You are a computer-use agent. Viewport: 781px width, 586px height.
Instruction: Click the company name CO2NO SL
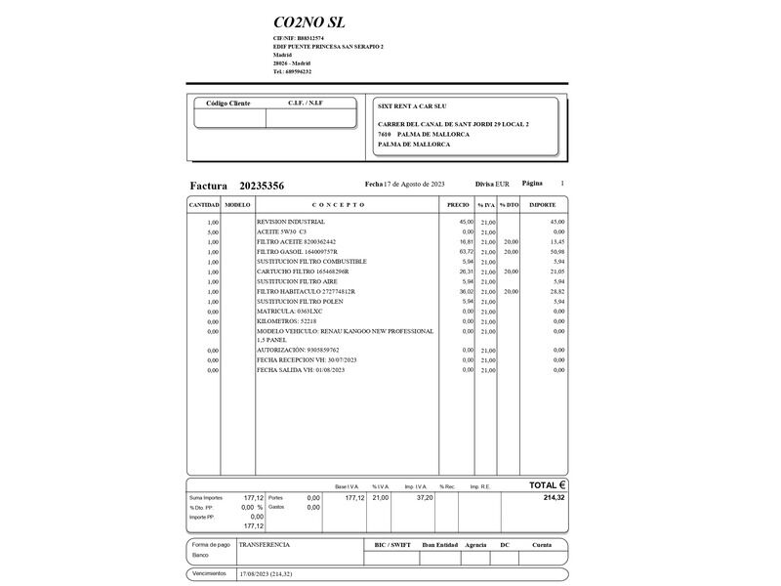308,22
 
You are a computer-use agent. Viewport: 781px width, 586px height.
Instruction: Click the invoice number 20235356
262,186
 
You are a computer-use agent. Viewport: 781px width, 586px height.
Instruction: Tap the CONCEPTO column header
339,205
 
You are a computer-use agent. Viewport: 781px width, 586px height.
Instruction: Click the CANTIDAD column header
203,205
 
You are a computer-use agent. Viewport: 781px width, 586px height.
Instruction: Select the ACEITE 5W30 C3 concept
281,231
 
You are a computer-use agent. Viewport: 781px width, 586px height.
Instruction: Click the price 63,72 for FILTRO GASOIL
466,252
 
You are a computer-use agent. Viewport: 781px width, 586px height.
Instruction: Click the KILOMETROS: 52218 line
286,321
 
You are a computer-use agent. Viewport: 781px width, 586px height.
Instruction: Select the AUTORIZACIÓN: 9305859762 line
298,350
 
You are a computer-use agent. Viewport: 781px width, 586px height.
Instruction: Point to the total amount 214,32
552,497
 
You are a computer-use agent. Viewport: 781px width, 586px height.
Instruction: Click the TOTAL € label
547,484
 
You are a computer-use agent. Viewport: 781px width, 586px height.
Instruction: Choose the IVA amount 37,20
425,497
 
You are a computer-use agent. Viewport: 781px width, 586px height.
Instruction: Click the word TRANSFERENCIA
264,544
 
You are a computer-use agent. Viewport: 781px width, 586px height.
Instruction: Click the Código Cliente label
228,104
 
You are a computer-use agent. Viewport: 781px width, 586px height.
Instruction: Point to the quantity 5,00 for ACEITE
213,231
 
